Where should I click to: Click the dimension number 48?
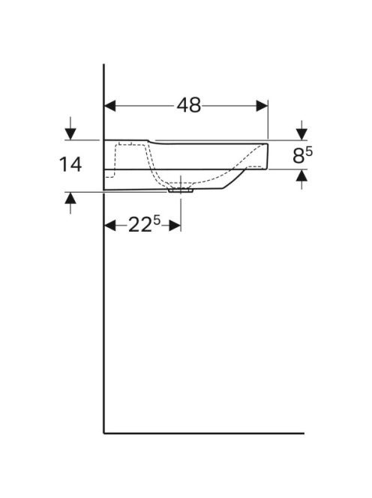point(189,105)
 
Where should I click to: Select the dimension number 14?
point(70,164)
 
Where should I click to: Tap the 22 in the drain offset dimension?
point(139,226)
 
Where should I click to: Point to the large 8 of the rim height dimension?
point(298,156)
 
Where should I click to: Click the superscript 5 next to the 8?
point(309,151)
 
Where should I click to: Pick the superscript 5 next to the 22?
point(157,220)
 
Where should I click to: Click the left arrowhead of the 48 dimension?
point(110,106)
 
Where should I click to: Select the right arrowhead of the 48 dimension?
point(262,106)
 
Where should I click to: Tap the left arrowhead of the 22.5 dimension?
point(110,226)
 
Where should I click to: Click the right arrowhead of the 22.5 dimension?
point(175,226)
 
